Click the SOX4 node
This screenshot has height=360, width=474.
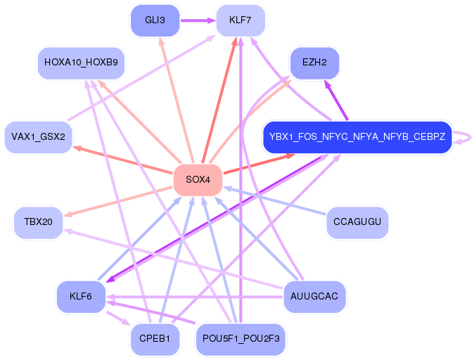pyautogui.click(x=198, y=180)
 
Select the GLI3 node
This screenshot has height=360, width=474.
pyautogui.click(x=155, y=20)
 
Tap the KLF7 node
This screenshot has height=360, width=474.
pyautogui.click(x=241, y=20)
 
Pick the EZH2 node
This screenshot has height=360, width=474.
pyautogui.click(x=314, y=63)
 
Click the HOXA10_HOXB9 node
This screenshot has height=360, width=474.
pyautogui.click(x=81, y=63)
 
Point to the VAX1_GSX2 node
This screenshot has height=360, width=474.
pyautogui.click(x=39, y=137)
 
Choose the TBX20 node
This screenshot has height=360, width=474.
pyautogui.click(x=39, y=222)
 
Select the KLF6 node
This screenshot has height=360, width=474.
pyautogui.click(x=81, y=297)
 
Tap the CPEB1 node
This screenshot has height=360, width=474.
pyautogui.click(x=155, y=339)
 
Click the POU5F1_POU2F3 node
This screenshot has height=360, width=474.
pyautogui.click(x=241, y=339)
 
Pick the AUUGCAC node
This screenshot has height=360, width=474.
pyautogui.click(x=314, y=297)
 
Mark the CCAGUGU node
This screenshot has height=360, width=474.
pyautogui.click(x=357, y=222)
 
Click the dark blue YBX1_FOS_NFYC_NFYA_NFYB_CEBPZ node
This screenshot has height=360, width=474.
pyautogui.click(x=357, y=137)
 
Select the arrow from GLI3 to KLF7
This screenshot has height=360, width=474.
pyautogui.click(x=198, y=20)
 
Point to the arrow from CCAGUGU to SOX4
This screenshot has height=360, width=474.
pyautogui.click(x=274, y=201)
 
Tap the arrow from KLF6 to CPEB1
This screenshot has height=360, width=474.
pyautogui.click(x=118, y=318)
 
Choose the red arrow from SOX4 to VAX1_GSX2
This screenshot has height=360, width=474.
pyautogui.click(x=123, y=160)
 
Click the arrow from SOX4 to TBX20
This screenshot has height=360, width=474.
pyautogui.click(x=118, y=202)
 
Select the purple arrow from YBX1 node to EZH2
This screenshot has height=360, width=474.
pyautogui.click(x=336, y=100)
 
